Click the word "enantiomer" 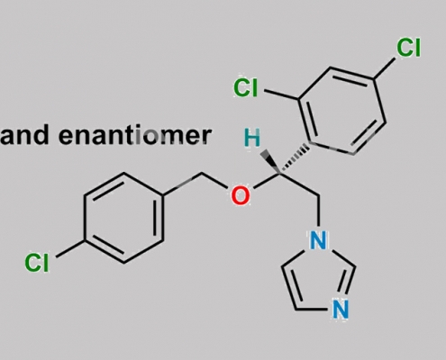135,136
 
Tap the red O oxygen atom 241,195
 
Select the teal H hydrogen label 252,138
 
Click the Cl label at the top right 408,48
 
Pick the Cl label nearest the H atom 246,87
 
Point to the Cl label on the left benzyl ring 37,263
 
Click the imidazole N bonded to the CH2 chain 318,240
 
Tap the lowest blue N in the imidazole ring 341,310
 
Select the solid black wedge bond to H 270,162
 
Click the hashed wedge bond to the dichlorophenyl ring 295,159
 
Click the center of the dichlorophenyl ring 342,111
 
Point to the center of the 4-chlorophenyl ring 124,218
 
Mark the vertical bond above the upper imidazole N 318,211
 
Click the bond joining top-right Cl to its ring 385,68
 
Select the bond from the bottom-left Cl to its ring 70,248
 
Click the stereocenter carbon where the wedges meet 280,174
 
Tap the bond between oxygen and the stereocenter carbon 267,181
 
